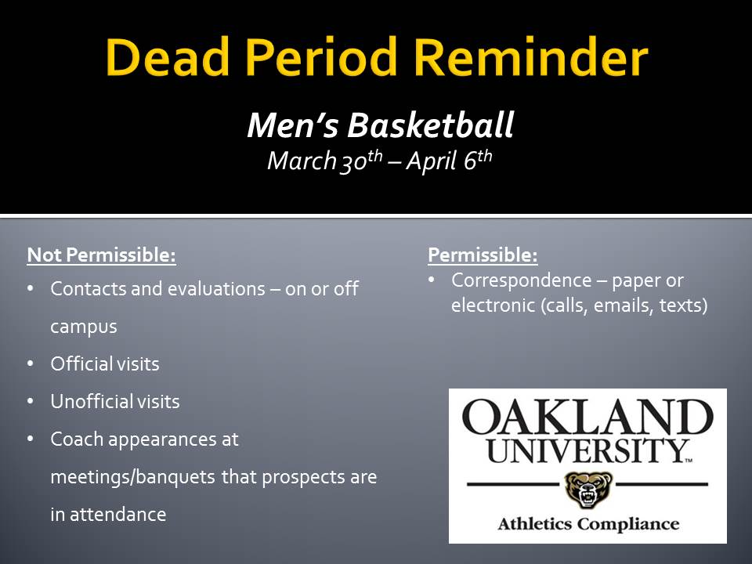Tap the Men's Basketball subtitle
point(380,125)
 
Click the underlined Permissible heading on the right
point(483,255)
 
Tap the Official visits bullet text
point(105,363)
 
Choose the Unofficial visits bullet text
point(115,401)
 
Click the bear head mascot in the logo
point(587,490)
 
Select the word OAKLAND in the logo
point(587,418)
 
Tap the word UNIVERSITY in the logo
point(585,450)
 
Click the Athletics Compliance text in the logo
point(587,523)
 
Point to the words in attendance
point(108,514)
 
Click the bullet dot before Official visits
point(31,364)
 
